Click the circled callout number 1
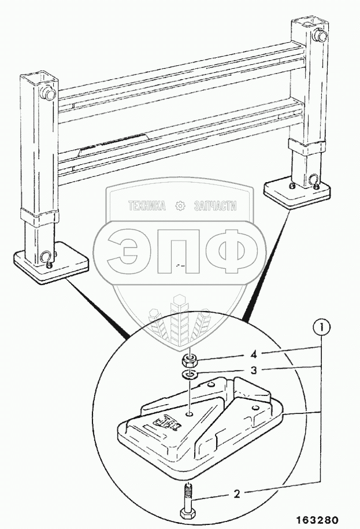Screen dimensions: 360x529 [322, 328]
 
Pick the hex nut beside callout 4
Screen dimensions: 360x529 [189, 362]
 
